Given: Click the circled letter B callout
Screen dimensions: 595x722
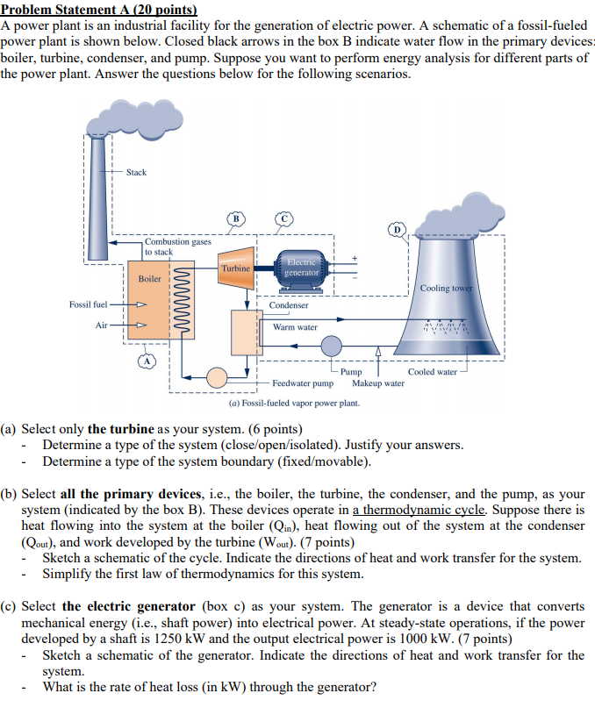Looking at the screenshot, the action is point(234,218).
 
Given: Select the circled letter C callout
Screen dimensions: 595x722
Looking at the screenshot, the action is point(283,218).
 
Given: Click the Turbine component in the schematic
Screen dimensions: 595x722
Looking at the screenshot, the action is point(235,268).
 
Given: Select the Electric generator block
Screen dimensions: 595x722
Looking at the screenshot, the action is point(301,267).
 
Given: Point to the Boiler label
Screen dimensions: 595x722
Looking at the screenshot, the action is point(150,279).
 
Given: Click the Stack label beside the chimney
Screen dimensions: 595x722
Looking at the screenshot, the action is point(136,173).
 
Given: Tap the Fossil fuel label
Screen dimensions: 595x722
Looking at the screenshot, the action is point(88,304).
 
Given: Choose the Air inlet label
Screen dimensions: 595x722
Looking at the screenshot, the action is point(102,325).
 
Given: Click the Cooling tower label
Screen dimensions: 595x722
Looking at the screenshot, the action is point(447,288).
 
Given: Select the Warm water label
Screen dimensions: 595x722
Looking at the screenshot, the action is point(295,327).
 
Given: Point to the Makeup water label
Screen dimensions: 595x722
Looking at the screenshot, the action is point(378,383).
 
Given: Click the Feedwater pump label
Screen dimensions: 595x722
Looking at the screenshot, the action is point(303,383).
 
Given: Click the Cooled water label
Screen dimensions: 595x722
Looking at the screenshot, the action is point(433,372).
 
